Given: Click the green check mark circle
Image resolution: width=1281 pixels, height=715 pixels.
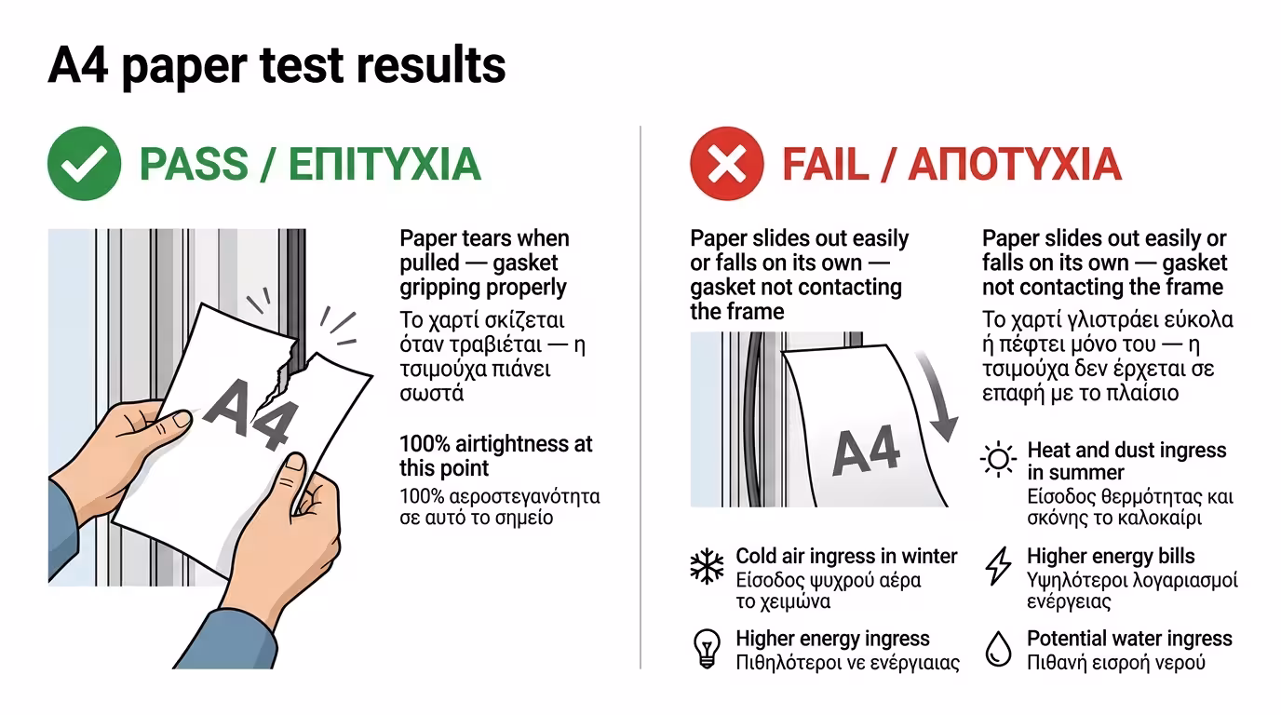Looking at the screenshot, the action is [x=84, y=164].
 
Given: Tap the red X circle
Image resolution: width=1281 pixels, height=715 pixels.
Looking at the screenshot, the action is [x=727, y=164].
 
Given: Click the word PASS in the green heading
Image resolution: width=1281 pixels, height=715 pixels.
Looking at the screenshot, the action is [x=194, y=164].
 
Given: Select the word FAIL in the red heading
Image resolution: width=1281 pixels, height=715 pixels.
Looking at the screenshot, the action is [x=824, y=165].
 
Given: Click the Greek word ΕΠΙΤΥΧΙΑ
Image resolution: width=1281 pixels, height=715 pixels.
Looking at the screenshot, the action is [x=384, y=164].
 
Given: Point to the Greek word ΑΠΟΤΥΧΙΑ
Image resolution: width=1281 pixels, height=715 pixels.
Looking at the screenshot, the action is [x=1015, y=165].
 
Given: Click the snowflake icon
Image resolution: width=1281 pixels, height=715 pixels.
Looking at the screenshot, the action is [x=707, y=566].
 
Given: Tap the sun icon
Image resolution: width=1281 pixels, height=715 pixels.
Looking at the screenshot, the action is [x=999, y=459].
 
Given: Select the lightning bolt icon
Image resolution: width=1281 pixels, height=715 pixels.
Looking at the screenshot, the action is [x=999, y=566].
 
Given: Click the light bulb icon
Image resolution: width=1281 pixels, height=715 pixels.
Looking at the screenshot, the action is [x=707, y=649].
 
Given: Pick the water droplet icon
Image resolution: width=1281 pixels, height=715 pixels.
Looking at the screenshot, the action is [x=999, y=649].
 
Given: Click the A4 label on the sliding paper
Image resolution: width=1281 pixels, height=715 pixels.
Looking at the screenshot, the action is [x=867, y=451].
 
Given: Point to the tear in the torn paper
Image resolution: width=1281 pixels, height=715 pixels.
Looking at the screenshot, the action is [x=283, y=373].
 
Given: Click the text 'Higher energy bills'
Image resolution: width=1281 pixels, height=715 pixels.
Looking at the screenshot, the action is [x=1111, y=556].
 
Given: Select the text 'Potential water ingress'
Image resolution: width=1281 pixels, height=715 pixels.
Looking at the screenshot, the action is [x=1129, y=639].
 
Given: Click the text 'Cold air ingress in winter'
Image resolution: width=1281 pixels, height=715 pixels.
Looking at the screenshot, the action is [x=846, y=556].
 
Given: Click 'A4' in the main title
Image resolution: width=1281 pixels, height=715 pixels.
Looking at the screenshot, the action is [x=78, y=65].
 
